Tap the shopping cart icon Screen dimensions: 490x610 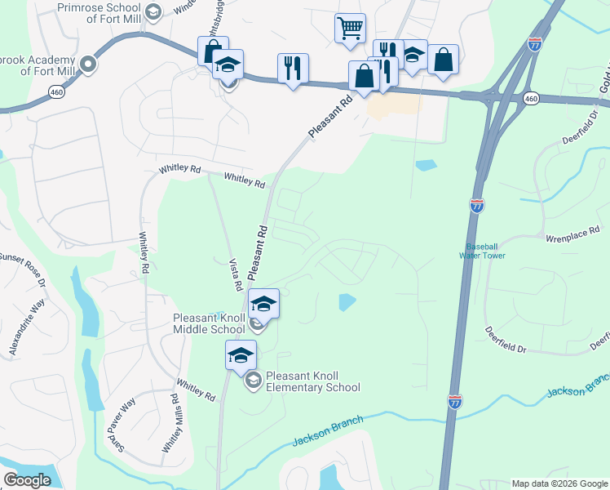[350, 28]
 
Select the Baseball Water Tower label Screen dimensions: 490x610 [485, 251]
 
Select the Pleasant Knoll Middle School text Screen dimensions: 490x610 [209, 323]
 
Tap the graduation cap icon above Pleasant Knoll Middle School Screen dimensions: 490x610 [263, 304]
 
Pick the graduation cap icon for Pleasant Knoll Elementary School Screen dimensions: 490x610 [241, 355]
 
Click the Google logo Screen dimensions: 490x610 [27, 479]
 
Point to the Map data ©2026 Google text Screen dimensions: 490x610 [559, 483]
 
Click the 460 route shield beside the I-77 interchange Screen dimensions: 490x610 [531, 99]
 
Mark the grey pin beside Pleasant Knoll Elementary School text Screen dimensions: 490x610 [254, 379]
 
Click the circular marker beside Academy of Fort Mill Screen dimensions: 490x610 [89, 63]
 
